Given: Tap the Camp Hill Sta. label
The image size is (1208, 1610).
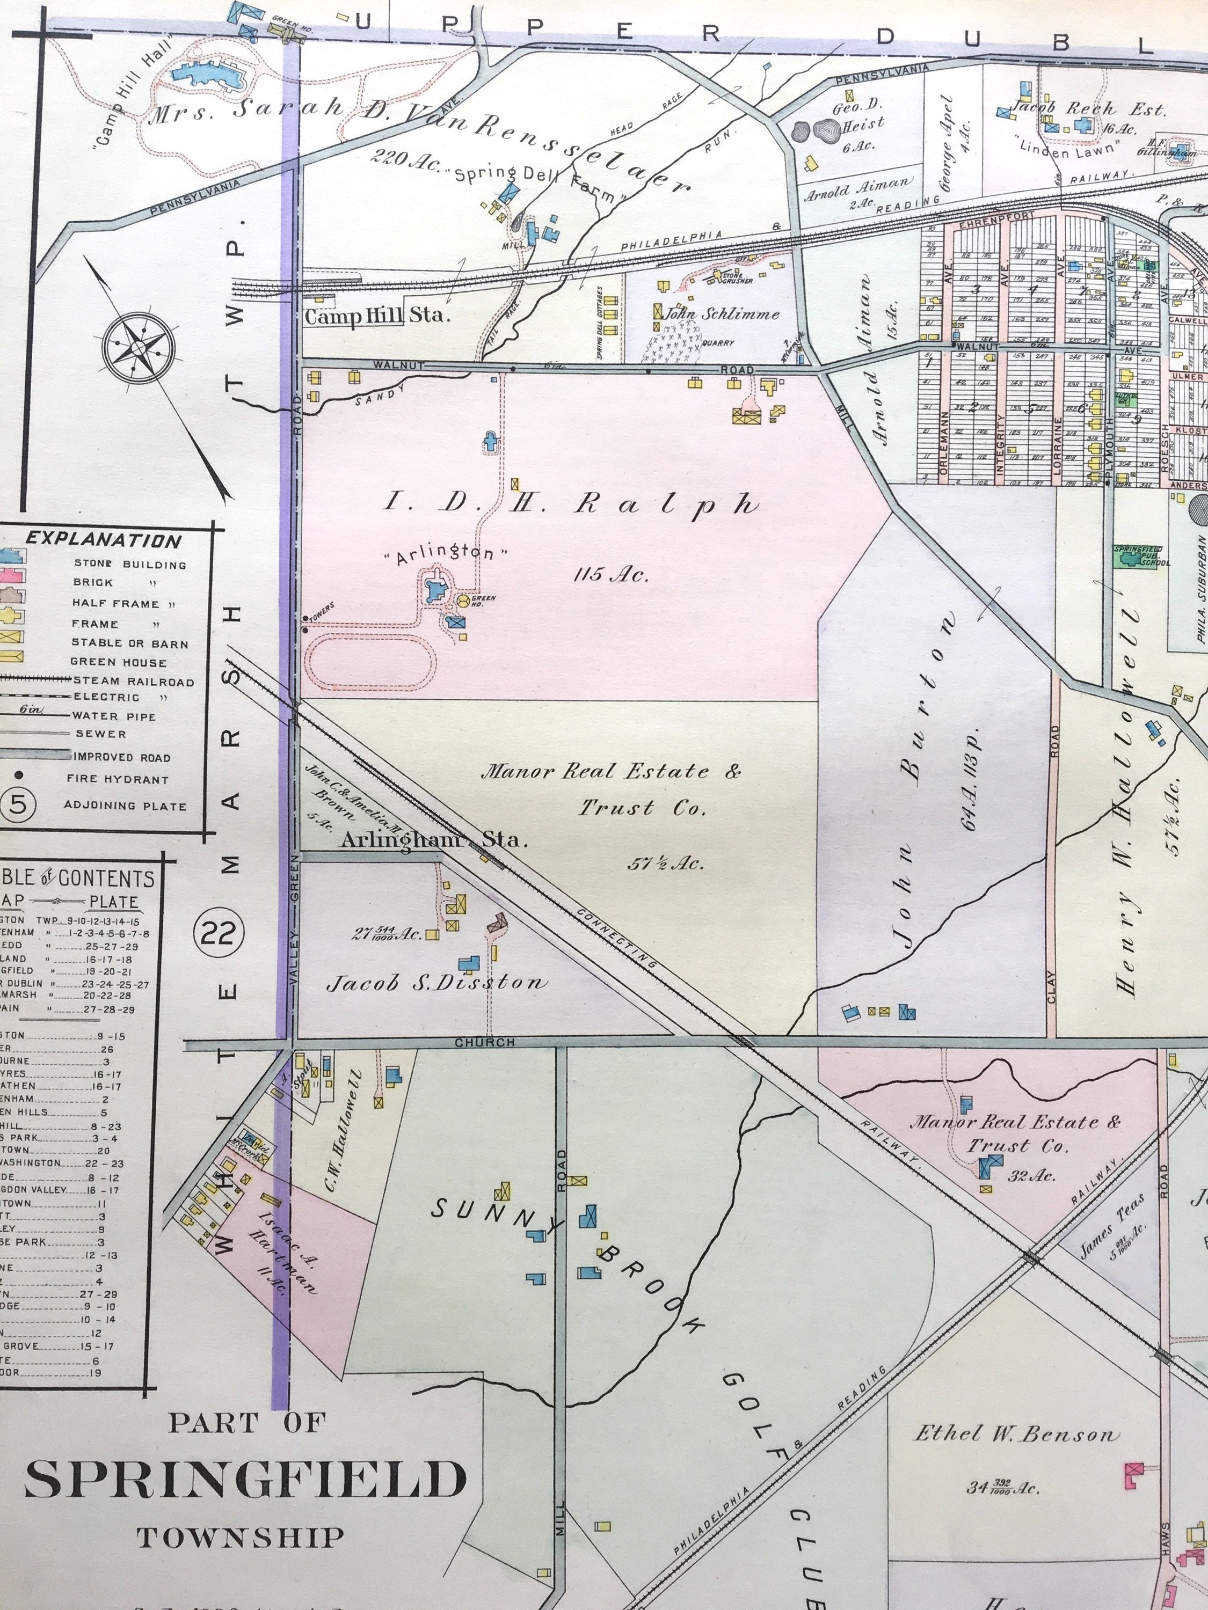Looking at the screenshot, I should [377, 316].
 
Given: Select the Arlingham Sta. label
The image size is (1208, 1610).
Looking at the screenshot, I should [433, 839].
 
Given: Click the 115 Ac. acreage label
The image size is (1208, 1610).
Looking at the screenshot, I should [610, 575].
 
